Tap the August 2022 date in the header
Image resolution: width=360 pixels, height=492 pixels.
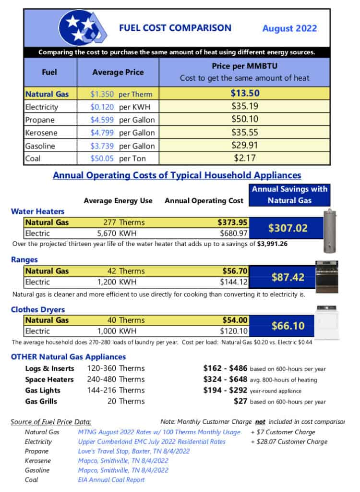tap(289, 28)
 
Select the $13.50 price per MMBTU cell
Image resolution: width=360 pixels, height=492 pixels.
tap(245, 94)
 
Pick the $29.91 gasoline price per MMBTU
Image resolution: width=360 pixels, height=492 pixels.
tap(245, 146)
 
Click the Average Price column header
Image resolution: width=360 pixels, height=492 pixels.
tap(118, 72)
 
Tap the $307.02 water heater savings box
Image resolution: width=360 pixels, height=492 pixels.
tap(288, 228)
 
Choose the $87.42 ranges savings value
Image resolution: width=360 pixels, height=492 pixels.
tap(288, 277)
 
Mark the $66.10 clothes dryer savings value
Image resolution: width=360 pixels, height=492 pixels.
tap(288, 326)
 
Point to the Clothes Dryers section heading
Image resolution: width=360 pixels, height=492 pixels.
tap(38, 309)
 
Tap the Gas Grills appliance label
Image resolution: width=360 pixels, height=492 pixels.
tap(41, 401)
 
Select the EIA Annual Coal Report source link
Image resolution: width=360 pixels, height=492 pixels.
tap(111, 479)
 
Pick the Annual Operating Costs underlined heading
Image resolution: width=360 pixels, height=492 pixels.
tap(177, 175)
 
